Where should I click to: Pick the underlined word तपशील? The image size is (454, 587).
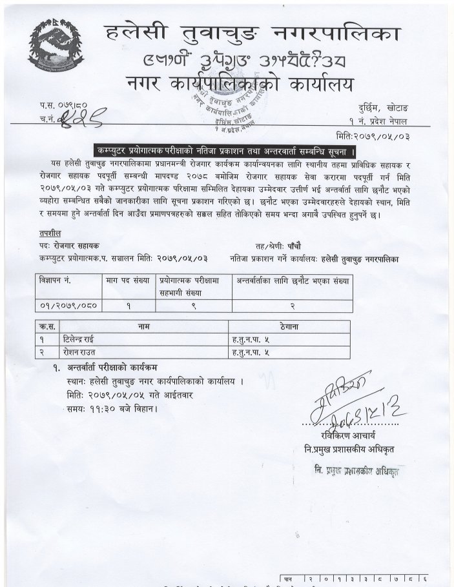pos(48,232)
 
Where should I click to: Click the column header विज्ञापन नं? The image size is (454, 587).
pos(56,281)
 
